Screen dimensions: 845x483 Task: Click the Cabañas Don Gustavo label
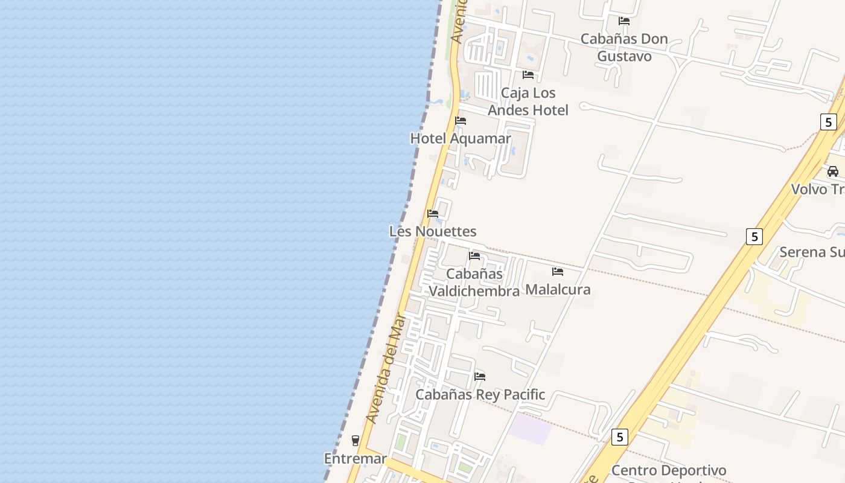(x=624, y=48)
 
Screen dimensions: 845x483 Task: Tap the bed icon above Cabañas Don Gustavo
(x=624, y=21)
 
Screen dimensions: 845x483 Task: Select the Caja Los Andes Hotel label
(x=528, y=101)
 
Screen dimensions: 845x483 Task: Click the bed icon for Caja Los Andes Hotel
(x=528, y=75)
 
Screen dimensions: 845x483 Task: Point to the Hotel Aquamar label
(x=461, y=138)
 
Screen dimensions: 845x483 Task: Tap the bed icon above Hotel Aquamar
(x=461, y=121)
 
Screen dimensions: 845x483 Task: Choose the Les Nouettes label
(x=433, y=231)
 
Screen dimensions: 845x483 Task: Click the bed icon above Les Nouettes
(x=433, y=214)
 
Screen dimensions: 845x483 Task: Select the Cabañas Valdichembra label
(x=474, y=283)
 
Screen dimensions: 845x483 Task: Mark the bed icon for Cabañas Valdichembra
(x=474, y=256)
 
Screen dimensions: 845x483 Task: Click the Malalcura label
(x=558, y=290)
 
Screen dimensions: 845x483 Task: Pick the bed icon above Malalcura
(x=558, y=272)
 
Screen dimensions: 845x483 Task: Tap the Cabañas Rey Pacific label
(x=480, y=395)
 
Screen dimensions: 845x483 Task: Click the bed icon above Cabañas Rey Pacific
(x=480, y=377)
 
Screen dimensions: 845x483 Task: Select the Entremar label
(x=356, y=459)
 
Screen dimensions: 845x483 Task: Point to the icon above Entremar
(x=356, y=441)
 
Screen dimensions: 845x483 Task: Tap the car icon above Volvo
(x=833, y=171)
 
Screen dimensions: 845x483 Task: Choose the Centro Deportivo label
(x=669, y=470)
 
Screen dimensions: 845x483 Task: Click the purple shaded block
(x=530, y=429)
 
